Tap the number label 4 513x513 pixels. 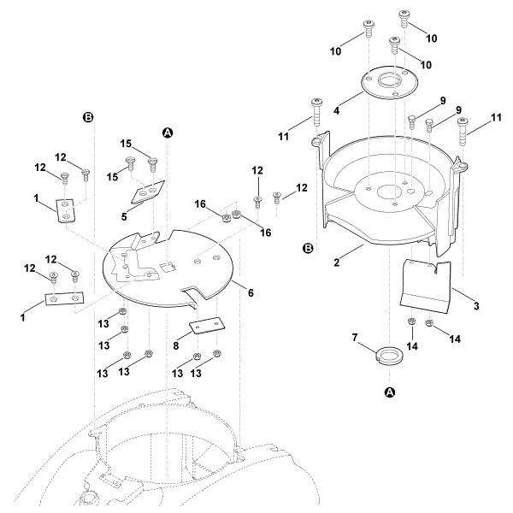coord(336,110)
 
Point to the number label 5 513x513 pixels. coord(124,217)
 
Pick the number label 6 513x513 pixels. coord(251,292)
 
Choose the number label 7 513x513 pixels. coord(357,339)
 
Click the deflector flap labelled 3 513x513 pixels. coord(424,284)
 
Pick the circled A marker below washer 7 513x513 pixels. coord(391,392)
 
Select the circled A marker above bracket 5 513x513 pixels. coord(168,133)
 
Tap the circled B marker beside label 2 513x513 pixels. coord(308,248)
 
